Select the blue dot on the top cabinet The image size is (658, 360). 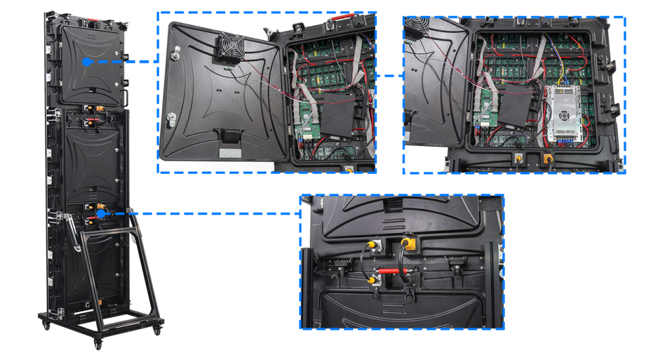[x=86, y=61]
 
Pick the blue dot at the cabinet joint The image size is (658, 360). [x=101, y=213]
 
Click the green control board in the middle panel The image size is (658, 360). [x=305, y=118]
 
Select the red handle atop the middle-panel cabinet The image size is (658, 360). [x=343, y=22]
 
